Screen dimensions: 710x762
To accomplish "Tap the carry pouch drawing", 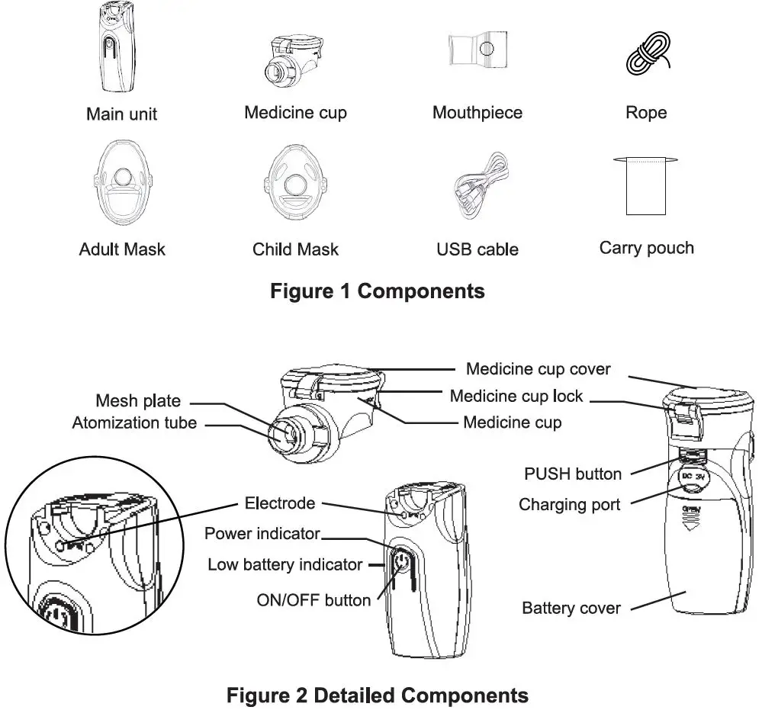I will point(645,187).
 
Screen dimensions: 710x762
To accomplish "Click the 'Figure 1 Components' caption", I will point(378,291).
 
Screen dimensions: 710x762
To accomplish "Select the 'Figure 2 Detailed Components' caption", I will point(378,695).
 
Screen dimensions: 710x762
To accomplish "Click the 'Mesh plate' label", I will point(138,400).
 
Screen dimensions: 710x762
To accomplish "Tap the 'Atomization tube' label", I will point(134,422).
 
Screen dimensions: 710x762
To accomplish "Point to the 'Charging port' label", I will point(569,504).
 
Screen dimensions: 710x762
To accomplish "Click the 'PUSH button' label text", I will point(573,474).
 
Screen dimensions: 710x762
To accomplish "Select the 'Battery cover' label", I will point(571,608).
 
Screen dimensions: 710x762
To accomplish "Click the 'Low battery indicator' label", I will point(285,564).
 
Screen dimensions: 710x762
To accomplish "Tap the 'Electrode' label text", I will point(279,503).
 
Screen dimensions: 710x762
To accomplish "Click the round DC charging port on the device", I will point(693,480).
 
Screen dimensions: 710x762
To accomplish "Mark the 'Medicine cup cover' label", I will point(538,368).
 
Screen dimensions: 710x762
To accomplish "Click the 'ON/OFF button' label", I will point(313,599).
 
